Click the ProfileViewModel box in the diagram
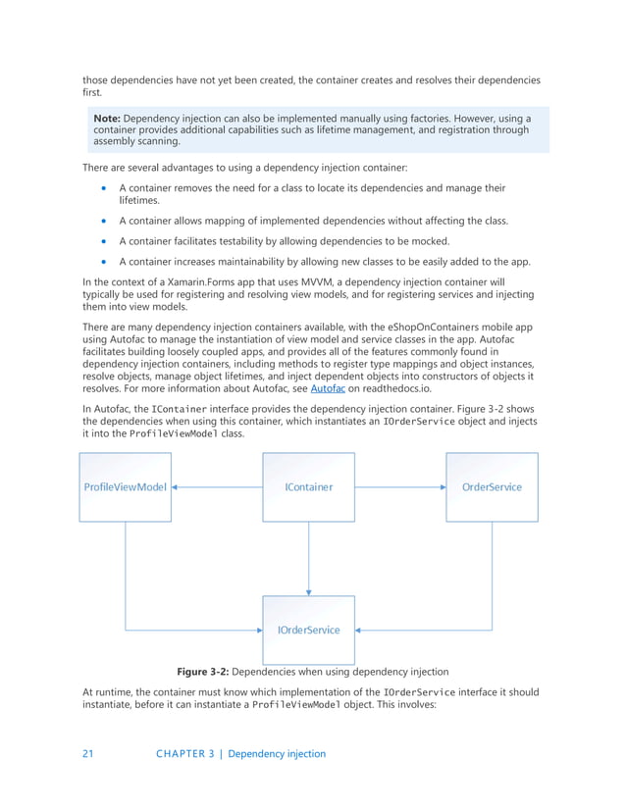point(126,486)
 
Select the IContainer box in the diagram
point(308,486)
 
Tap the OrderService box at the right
point(492,486)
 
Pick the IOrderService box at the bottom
point(308,629)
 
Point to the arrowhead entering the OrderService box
point(442,486)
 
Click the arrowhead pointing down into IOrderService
point(308,591)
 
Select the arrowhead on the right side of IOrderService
point(359,630)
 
